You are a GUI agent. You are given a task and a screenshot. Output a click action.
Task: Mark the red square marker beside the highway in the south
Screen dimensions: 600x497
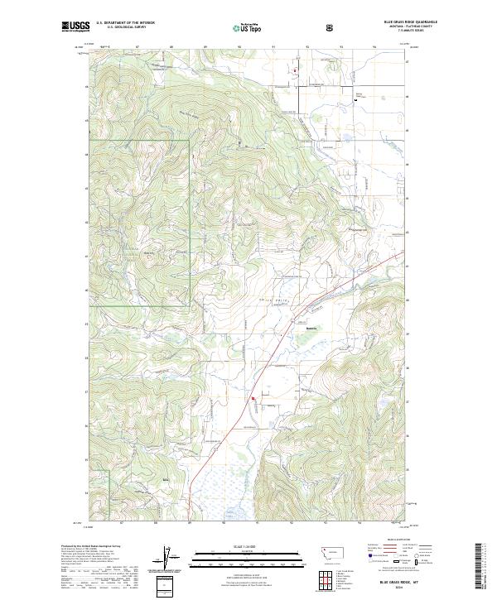[254, 405]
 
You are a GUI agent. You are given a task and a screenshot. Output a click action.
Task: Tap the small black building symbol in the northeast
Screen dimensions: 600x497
[355, 99]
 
